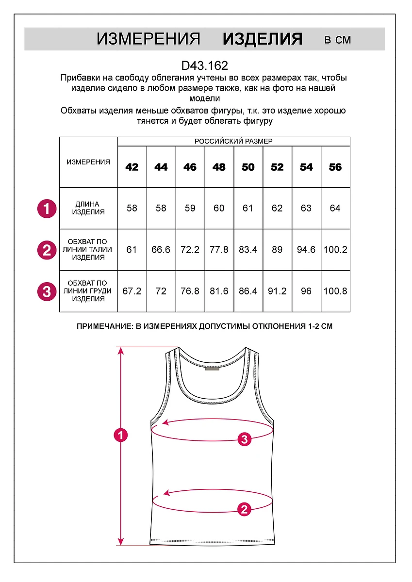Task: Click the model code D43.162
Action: tap(204, 65)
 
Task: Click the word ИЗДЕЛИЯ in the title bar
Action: tap(263, 39)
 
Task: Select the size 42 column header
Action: tap(132, 167)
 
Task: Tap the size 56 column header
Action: tap(335, 167)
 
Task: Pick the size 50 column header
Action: tap(248, 167)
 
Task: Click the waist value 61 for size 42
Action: tap(132, 250)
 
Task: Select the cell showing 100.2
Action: tap(335, 250)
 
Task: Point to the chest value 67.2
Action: tap(132, 291)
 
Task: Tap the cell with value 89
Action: tap(277, 250)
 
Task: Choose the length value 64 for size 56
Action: tap(335, 209)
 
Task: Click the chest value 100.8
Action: tap(335, 291)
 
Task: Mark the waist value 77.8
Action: tap(219, 250)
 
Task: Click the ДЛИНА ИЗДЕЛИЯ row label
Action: tap(88, 209)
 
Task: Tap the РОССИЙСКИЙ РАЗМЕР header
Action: tap(233, 142)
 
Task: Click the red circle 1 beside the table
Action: tap(47, 209)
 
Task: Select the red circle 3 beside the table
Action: tap(47, 291)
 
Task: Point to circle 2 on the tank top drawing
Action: tap(244, 509)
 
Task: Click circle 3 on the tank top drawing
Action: tap(245, 439)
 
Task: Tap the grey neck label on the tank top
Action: tap(212, 369)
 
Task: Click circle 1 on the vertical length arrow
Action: tap(120, 435)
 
